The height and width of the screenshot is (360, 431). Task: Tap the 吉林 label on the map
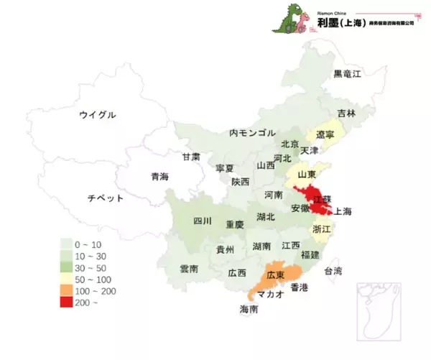347,114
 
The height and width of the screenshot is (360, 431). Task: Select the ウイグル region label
97,114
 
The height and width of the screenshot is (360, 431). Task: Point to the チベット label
105,198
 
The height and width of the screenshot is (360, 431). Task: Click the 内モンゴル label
252,132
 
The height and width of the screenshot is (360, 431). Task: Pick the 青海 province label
159,176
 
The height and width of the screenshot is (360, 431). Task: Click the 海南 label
250,310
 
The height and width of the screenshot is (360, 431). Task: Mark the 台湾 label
333,271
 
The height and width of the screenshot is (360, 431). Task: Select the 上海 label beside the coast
344,211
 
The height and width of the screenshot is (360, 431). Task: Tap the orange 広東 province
277,276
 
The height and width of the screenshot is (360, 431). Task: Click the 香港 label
298,287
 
